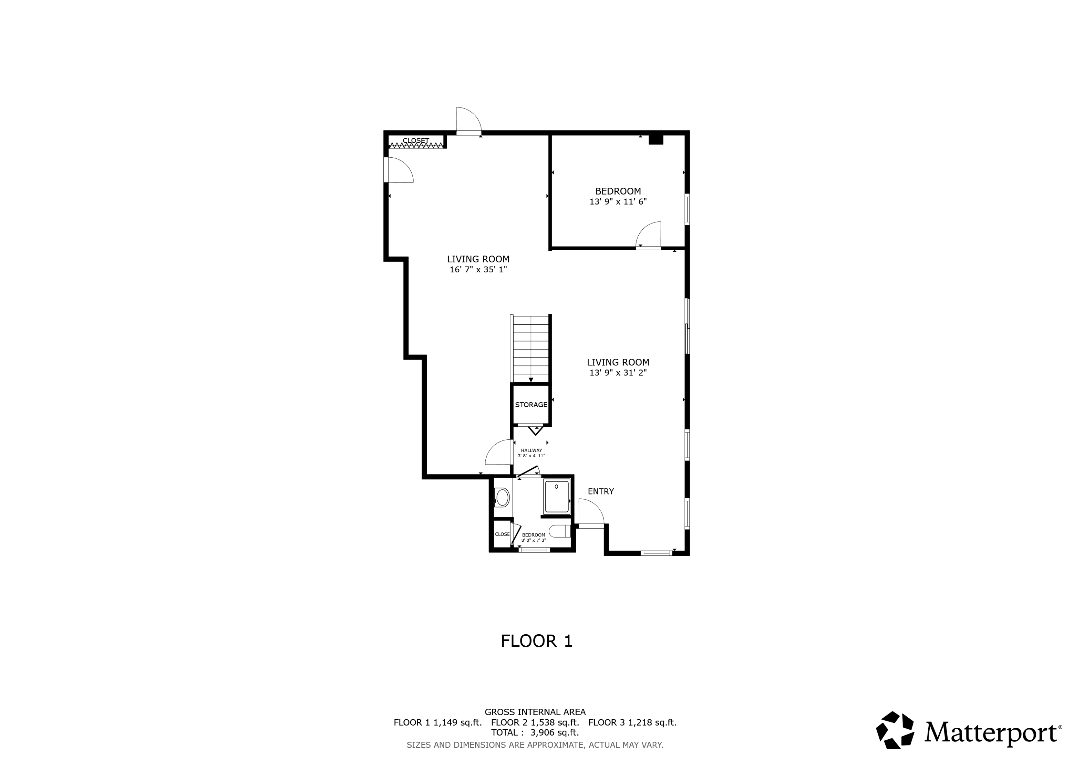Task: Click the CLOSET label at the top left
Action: (415, 140)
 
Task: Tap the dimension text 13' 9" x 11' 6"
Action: (618, 202)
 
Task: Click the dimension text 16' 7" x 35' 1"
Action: (478, 270)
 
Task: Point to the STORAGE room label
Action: (531, 405)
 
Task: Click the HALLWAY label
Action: (531, 450)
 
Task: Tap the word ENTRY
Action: (601, 491)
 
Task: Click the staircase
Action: (531, 349)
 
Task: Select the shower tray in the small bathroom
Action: (556, 496)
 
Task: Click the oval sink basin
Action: (502, 497)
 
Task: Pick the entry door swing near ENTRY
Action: (591, 512)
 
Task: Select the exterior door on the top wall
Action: (468, 121)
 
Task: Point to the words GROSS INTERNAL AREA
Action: (534, 712)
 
